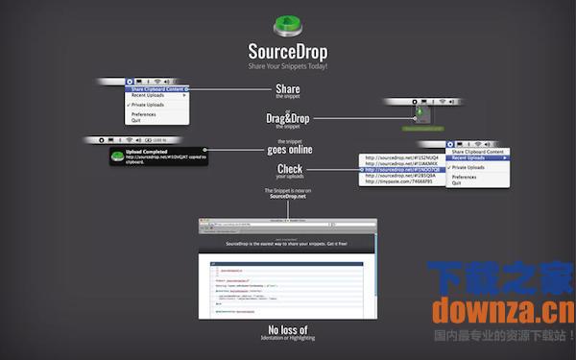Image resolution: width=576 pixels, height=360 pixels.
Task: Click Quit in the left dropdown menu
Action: (x=136, y=121)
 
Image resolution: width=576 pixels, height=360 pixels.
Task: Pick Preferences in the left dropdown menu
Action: (x=144, y=114)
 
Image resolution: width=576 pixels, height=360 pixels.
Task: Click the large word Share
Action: (x=288, y=89)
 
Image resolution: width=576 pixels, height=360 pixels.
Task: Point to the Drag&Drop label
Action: (x=288, y=118)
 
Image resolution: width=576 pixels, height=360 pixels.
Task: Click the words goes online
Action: (x=289, y=150)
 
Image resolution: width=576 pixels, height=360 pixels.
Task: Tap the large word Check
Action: (x=289, y=170)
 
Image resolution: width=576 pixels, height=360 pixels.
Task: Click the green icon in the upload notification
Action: (x=116, y=156)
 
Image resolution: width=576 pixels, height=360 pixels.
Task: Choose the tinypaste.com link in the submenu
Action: (x=396, y=183)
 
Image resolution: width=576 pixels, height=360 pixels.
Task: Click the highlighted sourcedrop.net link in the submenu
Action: (x=396, y=169)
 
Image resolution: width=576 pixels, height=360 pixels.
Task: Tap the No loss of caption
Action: (x=289, y=330)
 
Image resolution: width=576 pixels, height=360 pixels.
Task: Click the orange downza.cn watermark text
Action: (x=503, y=309)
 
